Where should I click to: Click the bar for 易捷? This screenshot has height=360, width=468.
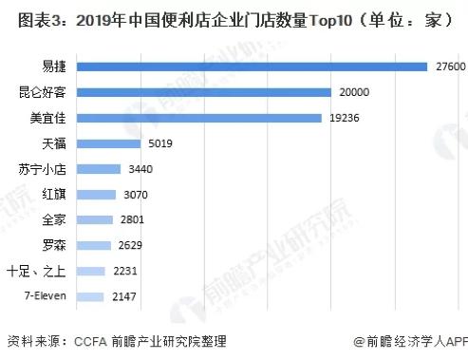tap(252, 66)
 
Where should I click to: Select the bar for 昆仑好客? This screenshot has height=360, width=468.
tap(203, 92)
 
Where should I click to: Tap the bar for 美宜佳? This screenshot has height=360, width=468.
tap(199, 118)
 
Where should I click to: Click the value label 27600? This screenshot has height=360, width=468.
tap(449, 66)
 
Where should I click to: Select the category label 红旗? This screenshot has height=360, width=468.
tap(56, 195)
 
